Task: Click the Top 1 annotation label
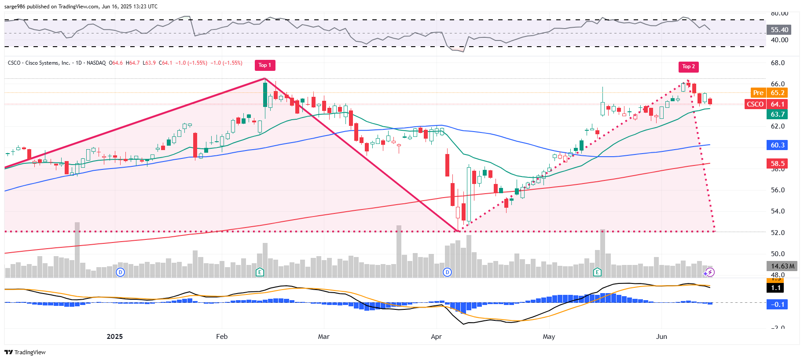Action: pyautogui.click(x=264, y=65)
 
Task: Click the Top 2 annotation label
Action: pyautogui.click(x=689, y=66)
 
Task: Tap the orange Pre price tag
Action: pyautogui.click(x=758, y=93)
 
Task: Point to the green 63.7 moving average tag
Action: pyautogui.click(x=777, y=114)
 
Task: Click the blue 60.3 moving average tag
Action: pyautogui.click(x=777, y=145)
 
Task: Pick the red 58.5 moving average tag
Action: pyautogui.click(x=777, y=164)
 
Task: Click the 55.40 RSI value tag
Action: pyautogui.click(x=779, y=30)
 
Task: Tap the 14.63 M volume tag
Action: pyautogui.click(x=782, y=266)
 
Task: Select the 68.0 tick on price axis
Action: pyautogui.click(x=778, y=63)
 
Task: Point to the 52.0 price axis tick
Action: pyautogui.click(x=778, y=233)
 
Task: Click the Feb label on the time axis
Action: pyautogui.click(x=222, y=337)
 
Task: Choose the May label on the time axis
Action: pyautogui.click(x=549, y=337)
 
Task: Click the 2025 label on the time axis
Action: pyautogui.click(x=115, y=337)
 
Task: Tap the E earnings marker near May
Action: pyautogui.click(x=597, y=272)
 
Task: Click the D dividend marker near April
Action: pyautogui.click(x=447, y=272)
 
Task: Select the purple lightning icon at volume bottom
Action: pyautogui.click(x=709, y=272)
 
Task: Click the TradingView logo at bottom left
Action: pyautogui.click(x=25, y=352)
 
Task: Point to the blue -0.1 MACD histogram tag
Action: pyautogui.click(x=777, y=305)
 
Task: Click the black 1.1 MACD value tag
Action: pyautogui.click(x=776, y=288)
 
